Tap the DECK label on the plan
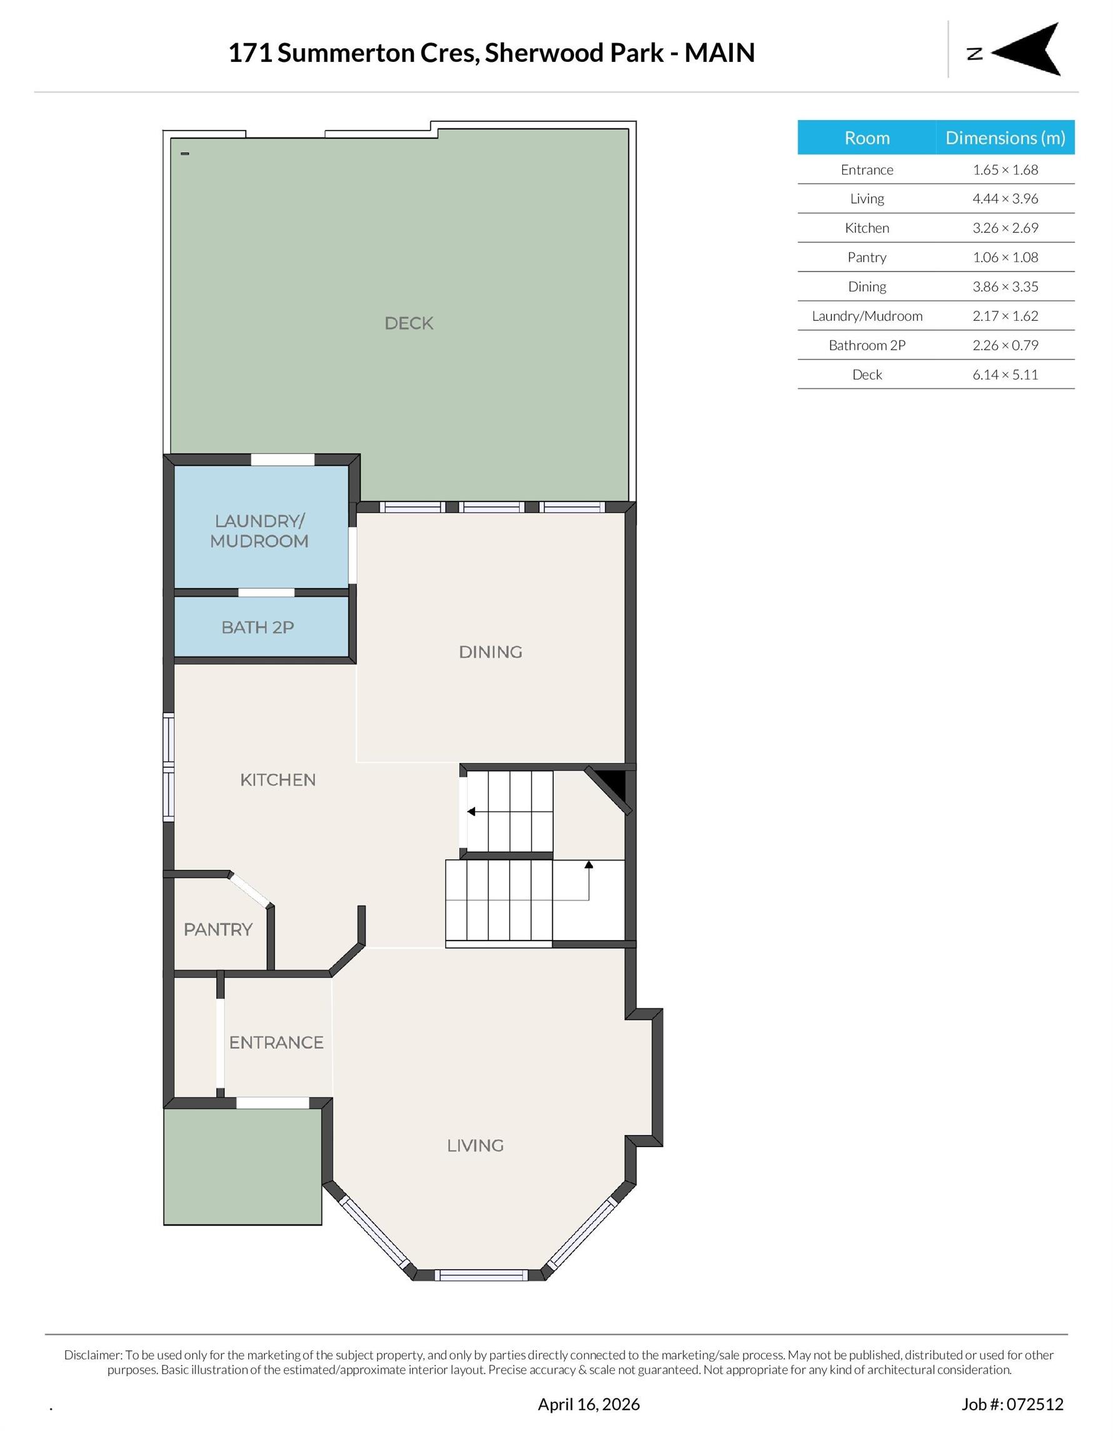tap(408, 323)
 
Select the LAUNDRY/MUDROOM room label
tap(259, 530)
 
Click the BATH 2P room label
tap(257, 627)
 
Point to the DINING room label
tap(490, 652)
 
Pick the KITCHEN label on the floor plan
tap(278, 780)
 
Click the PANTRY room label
tap(218, 929)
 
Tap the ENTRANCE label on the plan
tap(276, 1043)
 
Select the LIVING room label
tap(475, 1145)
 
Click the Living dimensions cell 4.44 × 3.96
tap(1004, 199)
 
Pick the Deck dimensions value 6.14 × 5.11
tap(1004, 375)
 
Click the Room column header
tap(866, 138)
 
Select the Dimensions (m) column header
tap(1004, 138)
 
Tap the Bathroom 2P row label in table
tap(866, 345)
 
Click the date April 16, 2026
tap(588, 1404)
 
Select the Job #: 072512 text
tap(1012, 1404)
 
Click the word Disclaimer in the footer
tap(93, 1355)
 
